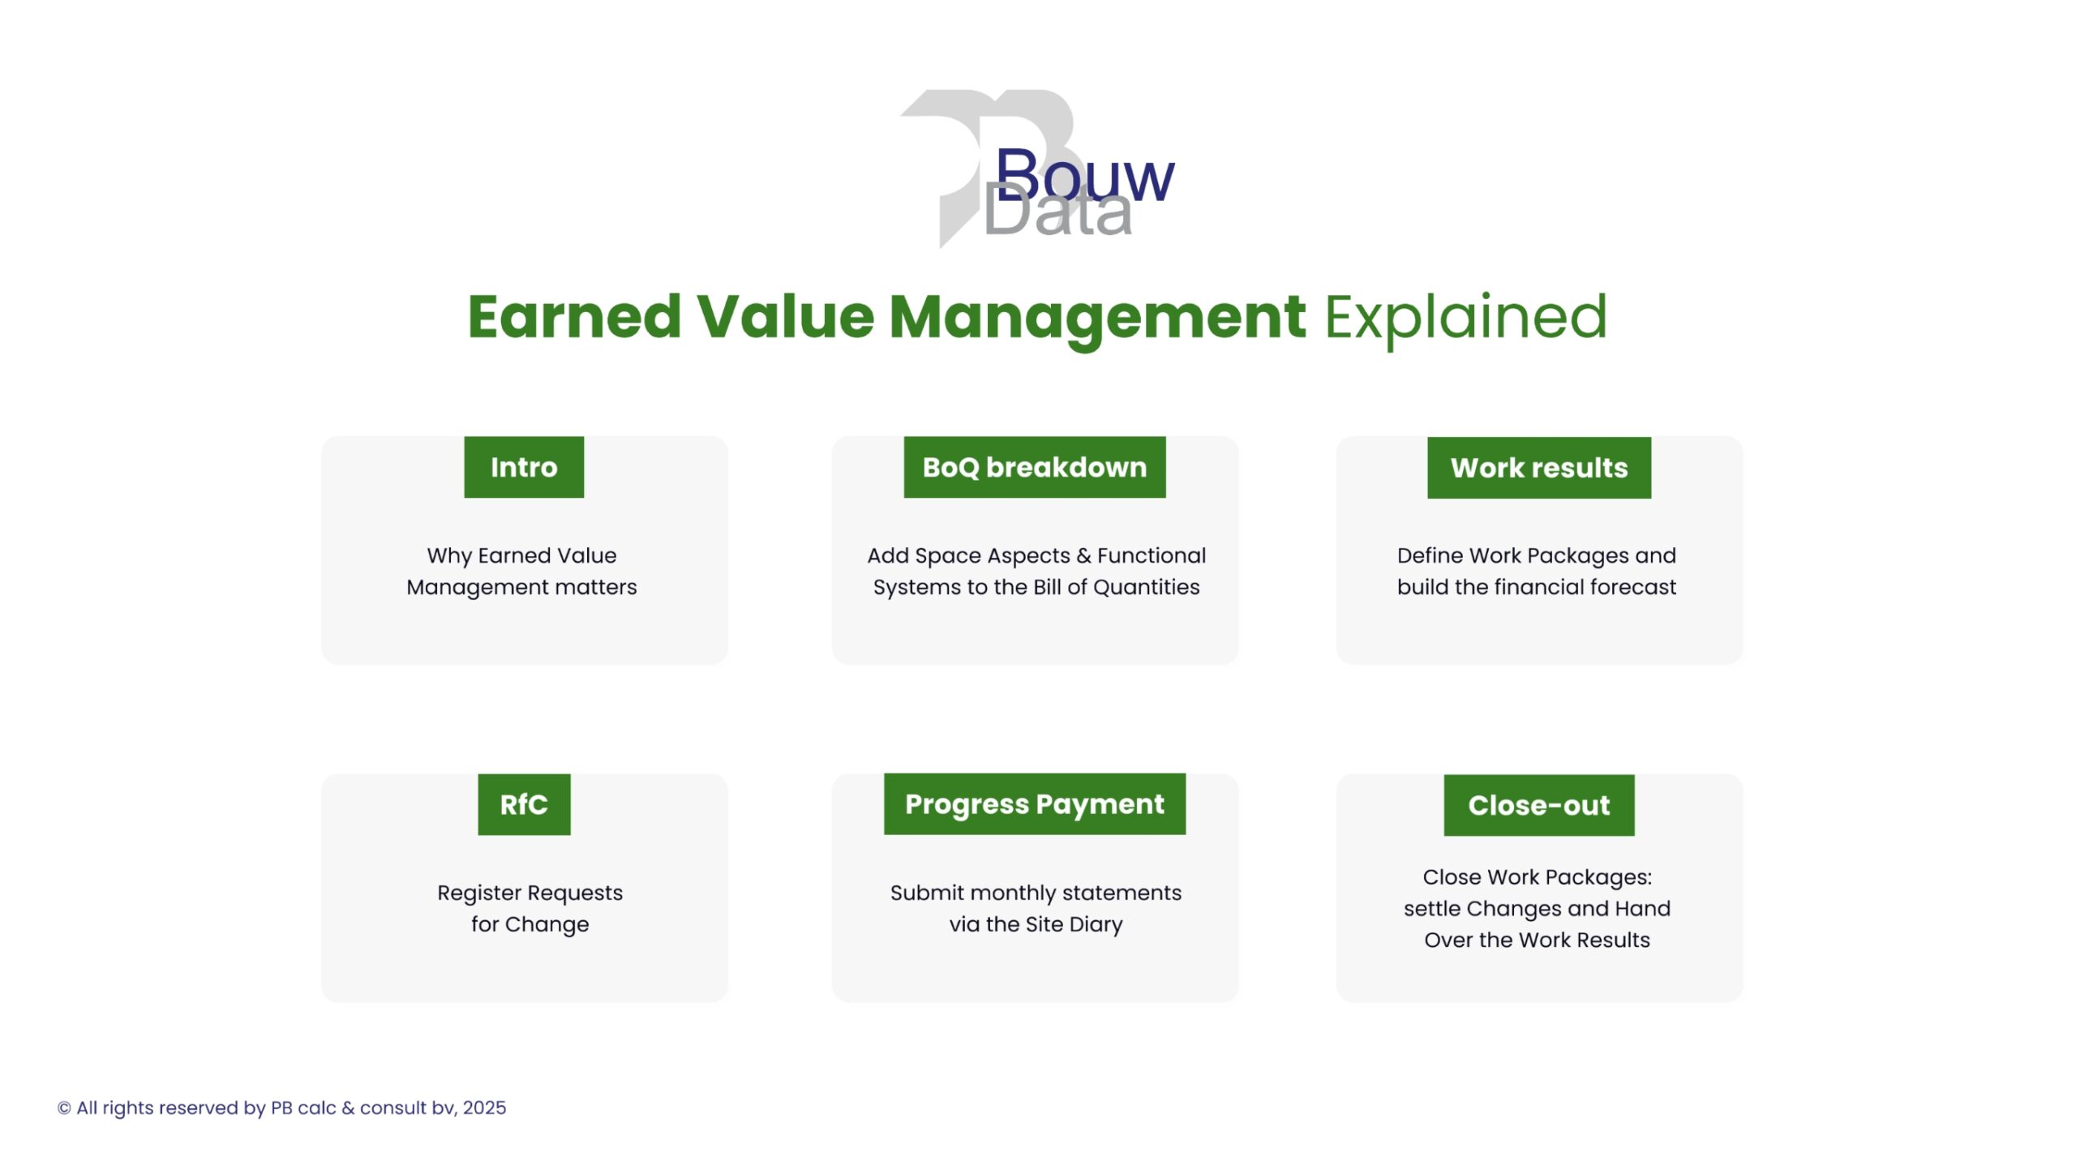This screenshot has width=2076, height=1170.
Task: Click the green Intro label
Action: tap(524, 467)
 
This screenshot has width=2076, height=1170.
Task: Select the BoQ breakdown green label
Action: tap(1035, 467)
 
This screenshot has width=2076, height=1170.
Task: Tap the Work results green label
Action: tap(1539, 468)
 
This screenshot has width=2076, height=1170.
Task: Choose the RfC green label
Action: tap(524, 804)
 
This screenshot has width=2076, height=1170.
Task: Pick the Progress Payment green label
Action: tap(1035, 804)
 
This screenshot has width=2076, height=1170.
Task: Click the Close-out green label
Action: tap(1539, 805)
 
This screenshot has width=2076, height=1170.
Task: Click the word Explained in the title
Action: tap(1465, 318)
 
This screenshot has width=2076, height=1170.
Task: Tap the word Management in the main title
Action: tap(1097, 319)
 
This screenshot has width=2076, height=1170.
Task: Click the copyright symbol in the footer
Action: tap(64, 1108)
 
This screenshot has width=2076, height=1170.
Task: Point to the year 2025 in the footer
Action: tap(484, 1108)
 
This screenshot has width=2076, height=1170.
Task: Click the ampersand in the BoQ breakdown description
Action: tap(1084, 555)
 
